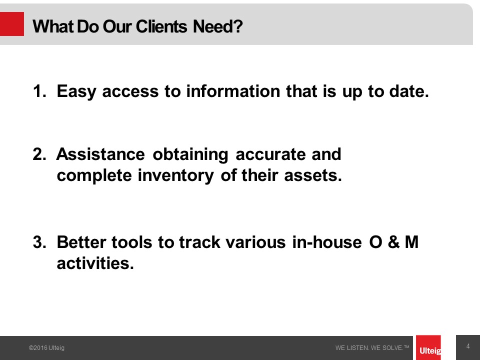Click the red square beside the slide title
pyautogui.click(x=12, y=24)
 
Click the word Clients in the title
pyautogui.click(x=161, y=26)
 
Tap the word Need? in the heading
pyautogui.click(x=217, y=26)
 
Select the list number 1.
pyautogui.click(x=39, y=91)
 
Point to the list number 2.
pyautogui.click(x=39, y=154)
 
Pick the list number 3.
pyautogui.click(x=39, y=242)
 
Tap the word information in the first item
pyautogui.click(x=233, y=91)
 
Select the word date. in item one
pyautogui.click(x=409, y=91)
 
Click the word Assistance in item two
pyautogui.click(x=100, y=154)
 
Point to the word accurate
pyautogui.click(x=270, y=154)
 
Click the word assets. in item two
pyautogui.click(x=313, y=175)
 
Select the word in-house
pyautogui.click(x=327, y=242)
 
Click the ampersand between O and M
pyautogui.click(x=393, y=242)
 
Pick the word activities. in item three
pyautogui.click(x=95, y=263)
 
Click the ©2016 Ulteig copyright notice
pyautogui.click(x=46, y=348)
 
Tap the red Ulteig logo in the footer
pyautogui.click(x=428, y=348)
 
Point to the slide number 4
pyautogui.click(x=468, y=346)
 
